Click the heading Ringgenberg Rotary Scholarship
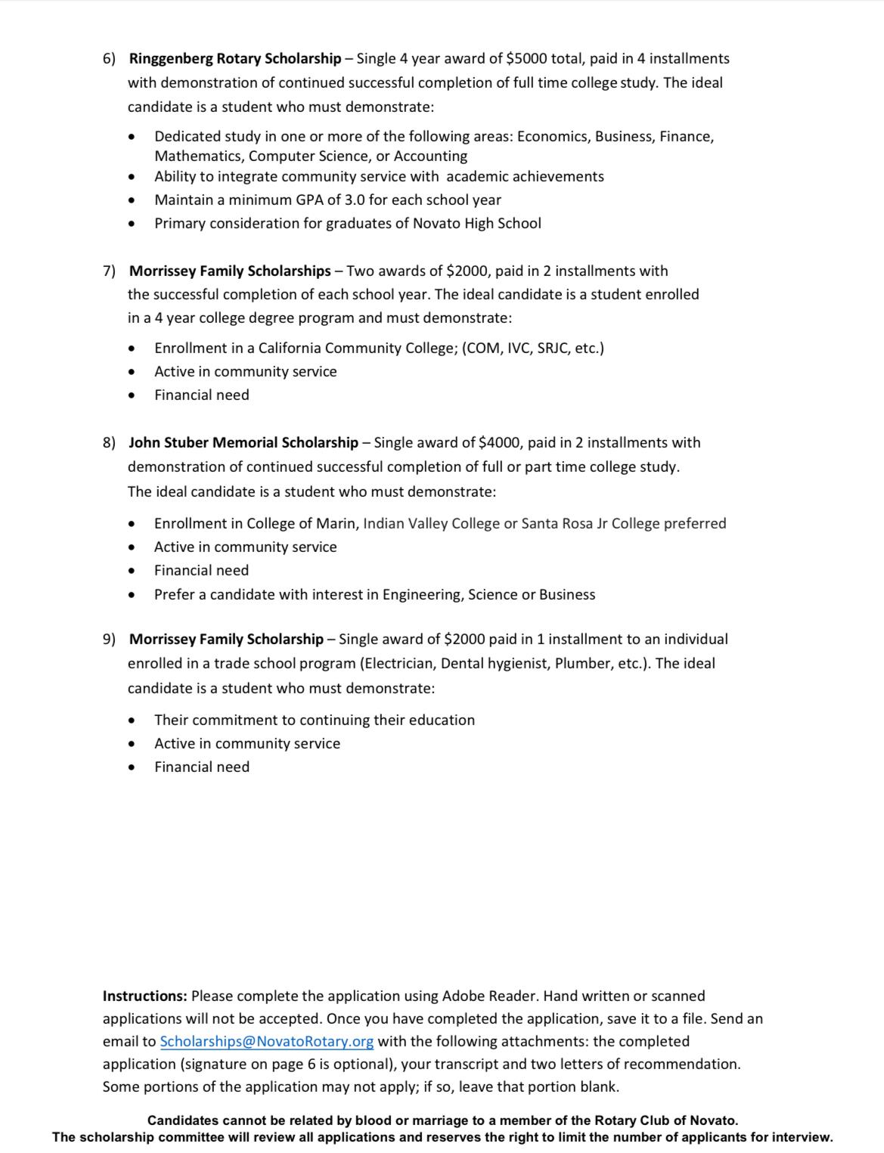pyautogui.click(x=235, y=58)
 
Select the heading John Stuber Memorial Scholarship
pyautogui.click(x=243, y=442)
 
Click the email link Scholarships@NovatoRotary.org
pyautogui.click(x=266, y=1041)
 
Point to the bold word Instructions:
pyautogui.click(x=145, y=996)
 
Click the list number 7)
pyautogui.click(x=110, y=271)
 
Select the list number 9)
pyautogui.click(x=110, y=639)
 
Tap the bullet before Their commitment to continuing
pyautogui.click(x=132, y=721)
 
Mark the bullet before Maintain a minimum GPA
pyautogui.click(x=132, y=200)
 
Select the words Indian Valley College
pyautogui.click(x=431, y=523)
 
